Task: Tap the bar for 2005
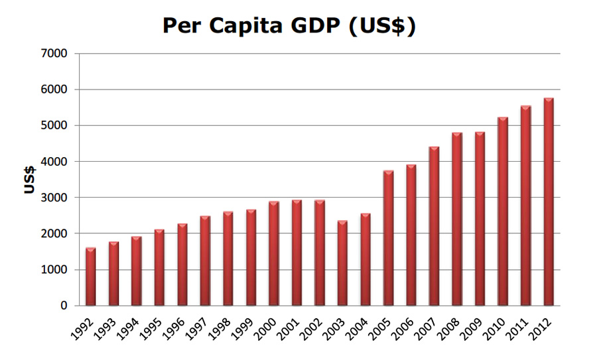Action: click(x=388, y=238)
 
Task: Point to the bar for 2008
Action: click(x=457, y=219)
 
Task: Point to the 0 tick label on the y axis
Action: click(x=64, y=306)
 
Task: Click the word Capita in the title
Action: click(x=248, y=27)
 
